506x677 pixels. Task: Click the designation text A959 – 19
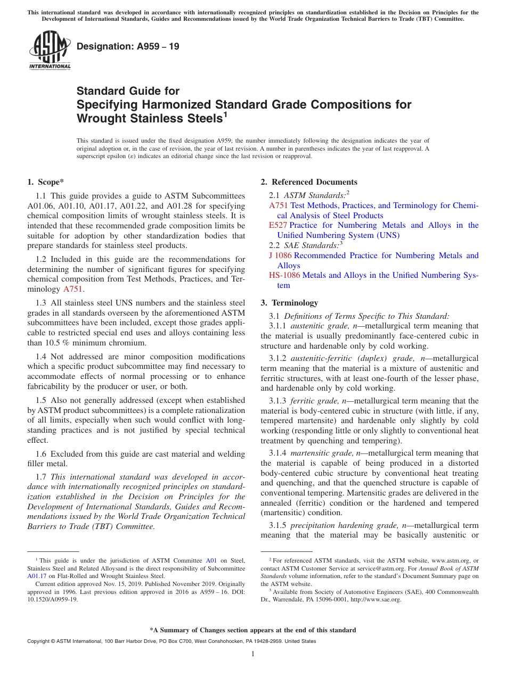click(x=128, y=46)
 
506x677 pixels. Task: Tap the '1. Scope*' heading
click(x=45, y=182)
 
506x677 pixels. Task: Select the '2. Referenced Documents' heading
click(x=309, y=182)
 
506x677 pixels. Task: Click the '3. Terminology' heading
click(x=289, y=303)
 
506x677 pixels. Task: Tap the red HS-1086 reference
click(x=284, y=276)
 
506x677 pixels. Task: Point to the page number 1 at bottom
click(x=253, y=654)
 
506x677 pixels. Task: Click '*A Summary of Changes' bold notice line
click(x=253, y=630)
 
